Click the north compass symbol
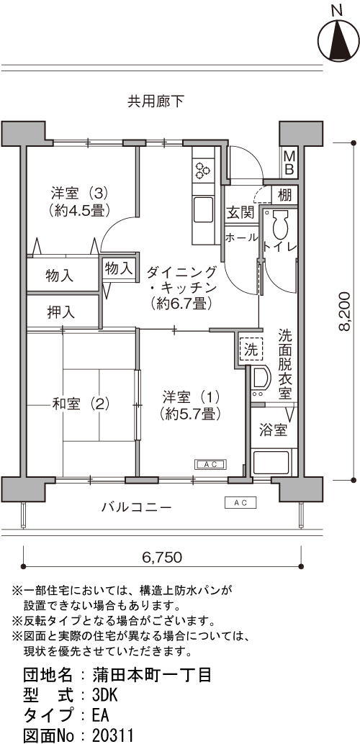[338, 38]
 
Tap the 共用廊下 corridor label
[156, 101]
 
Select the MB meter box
[289, 163]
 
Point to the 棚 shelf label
[285, 194]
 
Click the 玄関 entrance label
[240, 213]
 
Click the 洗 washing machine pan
[251, 350]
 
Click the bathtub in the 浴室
[271, 463]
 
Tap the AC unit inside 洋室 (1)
[211, 465]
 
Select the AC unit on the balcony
[240, 502]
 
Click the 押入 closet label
[60, 312]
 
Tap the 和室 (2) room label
[81, 404]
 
